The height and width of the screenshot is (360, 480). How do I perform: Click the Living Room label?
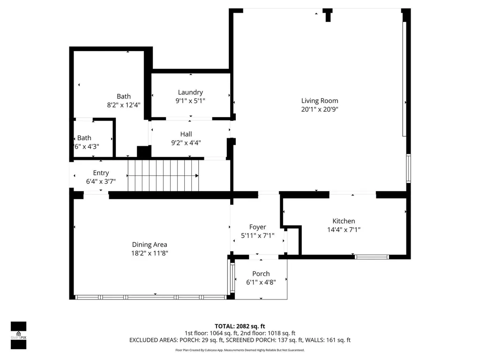pos(320,101)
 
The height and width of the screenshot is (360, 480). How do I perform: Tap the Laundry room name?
pos(190,92)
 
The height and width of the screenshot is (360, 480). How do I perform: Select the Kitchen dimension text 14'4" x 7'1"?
pos(344,230)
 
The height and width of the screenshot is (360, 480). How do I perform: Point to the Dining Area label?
pos(150,245)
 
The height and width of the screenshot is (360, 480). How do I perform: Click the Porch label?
pos(261,274)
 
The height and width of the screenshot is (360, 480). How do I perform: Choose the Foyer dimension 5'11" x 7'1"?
pos(257,235)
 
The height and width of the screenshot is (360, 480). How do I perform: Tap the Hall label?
pos(186,134)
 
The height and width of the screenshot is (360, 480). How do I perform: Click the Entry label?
pos(101,173)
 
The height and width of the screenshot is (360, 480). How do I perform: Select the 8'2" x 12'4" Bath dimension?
pos(124,105)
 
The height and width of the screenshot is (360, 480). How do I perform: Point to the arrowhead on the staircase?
pos(197,176)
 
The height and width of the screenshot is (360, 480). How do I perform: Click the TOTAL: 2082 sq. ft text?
pos(240,326)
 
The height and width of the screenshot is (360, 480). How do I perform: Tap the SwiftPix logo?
pos(19,335)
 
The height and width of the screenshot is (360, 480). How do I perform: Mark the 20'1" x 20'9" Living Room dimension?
pos(320,109)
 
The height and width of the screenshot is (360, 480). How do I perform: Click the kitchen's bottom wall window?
pos(372,257)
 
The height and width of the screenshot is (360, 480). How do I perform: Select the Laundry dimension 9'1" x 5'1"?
pos(190,101)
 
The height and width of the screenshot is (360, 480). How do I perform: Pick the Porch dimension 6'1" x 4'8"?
pos(261,282)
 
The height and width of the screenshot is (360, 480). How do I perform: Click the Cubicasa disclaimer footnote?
pos(240,350)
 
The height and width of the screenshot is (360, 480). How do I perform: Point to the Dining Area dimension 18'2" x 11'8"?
pos(150,253)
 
